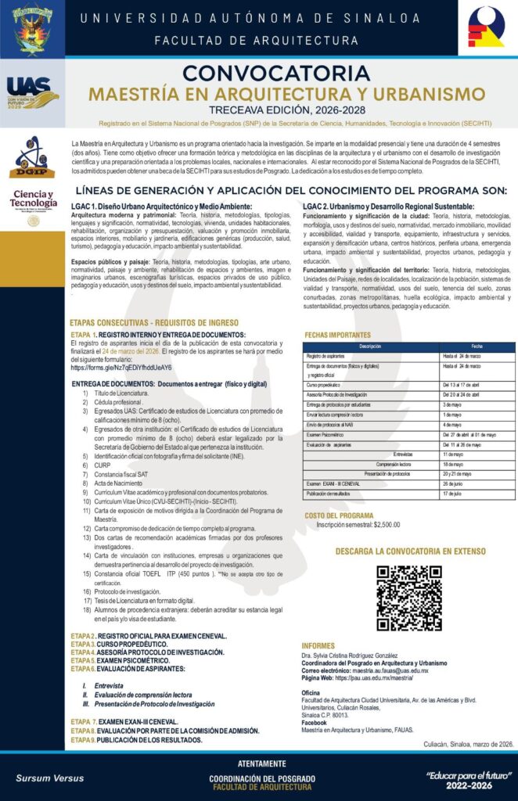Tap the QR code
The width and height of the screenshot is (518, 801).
(x=408, y=598)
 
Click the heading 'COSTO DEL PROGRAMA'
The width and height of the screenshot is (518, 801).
(x=338, y=515)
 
